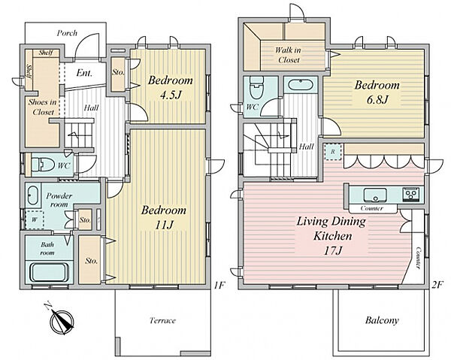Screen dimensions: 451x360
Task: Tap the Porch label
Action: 67,33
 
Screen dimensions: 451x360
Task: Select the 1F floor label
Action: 219,285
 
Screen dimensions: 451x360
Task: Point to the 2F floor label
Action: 437,285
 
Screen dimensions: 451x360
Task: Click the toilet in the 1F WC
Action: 43,165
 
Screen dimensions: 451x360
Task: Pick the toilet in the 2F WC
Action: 257,87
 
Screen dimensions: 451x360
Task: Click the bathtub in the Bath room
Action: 49,273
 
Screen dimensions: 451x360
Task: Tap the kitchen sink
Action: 375,195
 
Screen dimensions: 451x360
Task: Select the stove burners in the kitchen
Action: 413,195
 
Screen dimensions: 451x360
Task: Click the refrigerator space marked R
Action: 333,152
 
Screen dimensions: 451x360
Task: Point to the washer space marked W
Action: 35,219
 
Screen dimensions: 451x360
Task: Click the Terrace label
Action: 162,321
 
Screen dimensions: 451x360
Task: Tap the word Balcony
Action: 382,320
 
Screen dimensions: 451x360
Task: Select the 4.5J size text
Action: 171,94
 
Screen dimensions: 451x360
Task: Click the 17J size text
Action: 332,251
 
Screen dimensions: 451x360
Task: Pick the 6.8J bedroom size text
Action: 377,99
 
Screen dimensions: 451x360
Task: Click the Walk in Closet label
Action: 288,55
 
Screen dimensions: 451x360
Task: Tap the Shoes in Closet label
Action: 43,107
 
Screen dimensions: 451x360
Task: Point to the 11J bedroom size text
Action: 164,225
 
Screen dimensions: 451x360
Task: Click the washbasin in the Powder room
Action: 32,195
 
